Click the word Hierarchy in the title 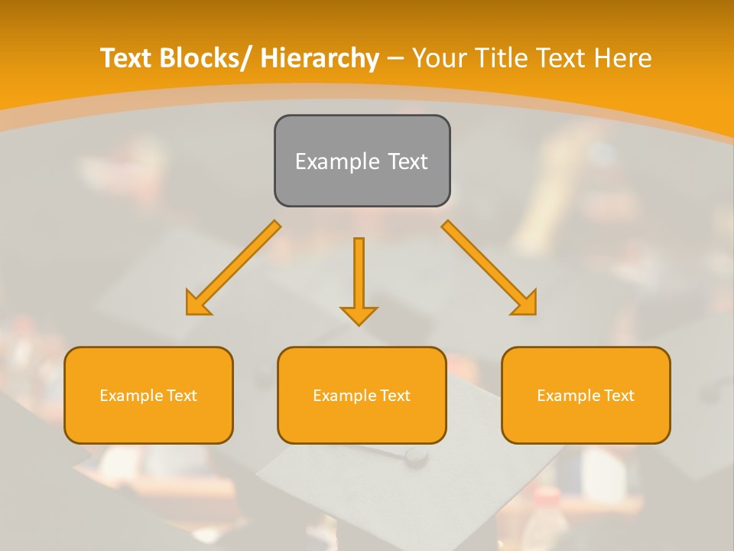320,59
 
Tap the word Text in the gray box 407,161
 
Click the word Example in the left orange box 127,396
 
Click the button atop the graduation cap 417,455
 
